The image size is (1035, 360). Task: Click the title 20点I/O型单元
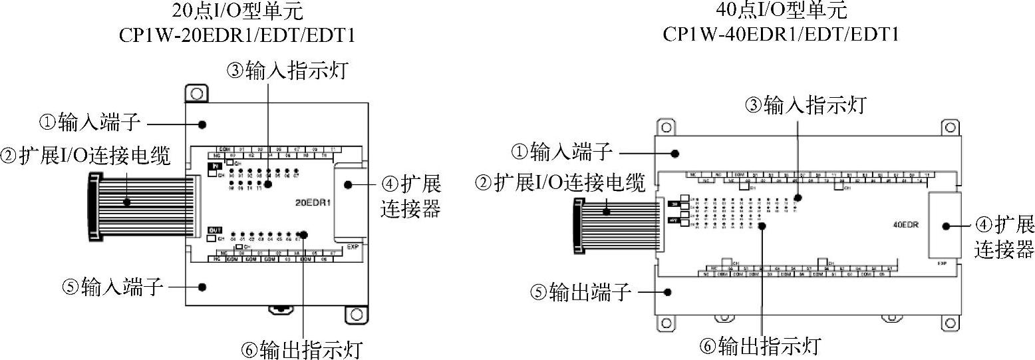pyautogui.click(x=235, y=11)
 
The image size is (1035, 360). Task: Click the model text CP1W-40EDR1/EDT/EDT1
pyautogui.click(x=781, y=33)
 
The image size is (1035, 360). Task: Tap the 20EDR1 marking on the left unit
pyautogui.click(x=314, y=200)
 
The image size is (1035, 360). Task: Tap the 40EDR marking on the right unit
pyautogui.click(x=906, y=224)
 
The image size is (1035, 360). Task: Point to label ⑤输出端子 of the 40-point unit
pyautogui.click(x=579, y=292)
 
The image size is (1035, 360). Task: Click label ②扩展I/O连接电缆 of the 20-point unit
pyautogui.click(x=86, y=156)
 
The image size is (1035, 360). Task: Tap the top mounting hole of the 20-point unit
pyautogui.click(x=196, y=93)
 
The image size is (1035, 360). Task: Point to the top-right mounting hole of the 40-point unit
pyautogui.click(x=949, y=126)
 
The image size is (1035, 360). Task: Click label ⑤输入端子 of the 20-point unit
pyautogui.click(x=112, y=287)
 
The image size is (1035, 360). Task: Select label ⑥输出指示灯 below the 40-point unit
pyautogui.click(x=760, y=345)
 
